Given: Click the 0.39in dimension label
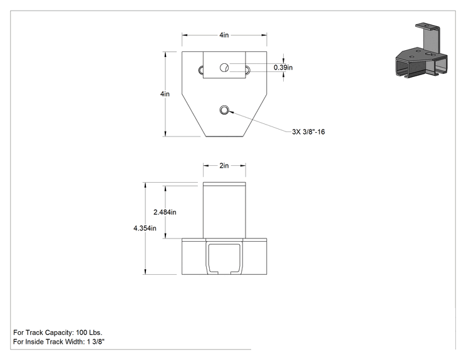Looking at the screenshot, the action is click(283, 68).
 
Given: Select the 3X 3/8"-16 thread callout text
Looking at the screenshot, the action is click(309, 131).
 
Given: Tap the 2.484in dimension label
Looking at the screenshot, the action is click(165, 212).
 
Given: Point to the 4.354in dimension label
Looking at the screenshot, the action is click(145, 228).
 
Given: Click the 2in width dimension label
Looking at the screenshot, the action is click(224, 165).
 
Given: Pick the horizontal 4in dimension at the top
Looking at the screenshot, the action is click(224, 35).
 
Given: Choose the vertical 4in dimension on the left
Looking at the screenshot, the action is click(165, 94).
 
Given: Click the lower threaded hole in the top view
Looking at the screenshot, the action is click(224, 110).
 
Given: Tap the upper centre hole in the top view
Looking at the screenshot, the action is click(224, 68).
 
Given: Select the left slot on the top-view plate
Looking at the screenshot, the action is click(200, 70).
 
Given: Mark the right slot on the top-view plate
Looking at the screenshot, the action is click(247, 70).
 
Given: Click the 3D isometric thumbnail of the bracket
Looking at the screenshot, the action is click(421, 51).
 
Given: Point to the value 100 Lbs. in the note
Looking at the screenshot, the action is click(89, 332).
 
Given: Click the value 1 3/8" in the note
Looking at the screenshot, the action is click(96, 342).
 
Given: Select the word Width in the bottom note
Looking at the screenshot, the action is click(75, 342).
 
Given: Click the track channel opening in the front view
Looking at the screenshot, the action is click(224, 259).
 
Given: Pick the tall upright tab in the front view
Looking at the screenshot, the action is click(224, 210).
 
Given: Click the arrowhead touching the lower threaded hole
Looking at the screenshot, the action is click(231, 112).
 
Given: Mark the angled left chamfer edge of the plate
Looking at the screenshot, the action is click(194, 115).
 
